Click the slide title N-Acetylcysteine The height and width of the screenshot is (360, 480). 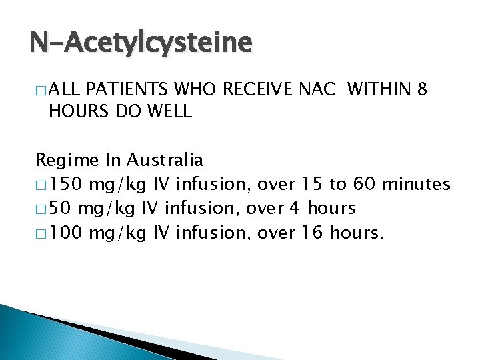(141, 43)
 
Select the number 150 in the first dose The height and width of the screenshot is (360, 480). (68, 185)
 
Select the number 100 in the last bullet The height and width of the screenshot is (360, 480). (68, 233)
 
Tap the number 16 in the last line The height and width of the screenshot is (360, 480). (315, 233)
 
